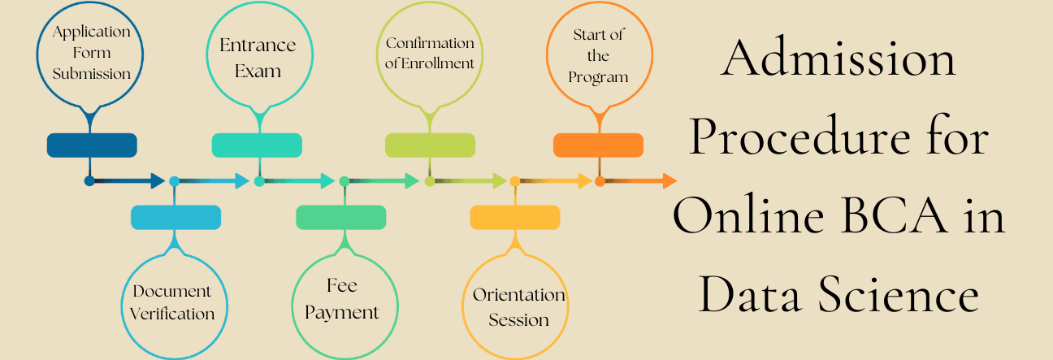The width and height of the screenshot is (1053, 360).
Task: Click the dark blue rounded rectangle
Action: point(92,145)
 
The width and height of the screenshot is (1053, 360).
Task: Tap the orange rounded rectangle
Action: point(598,145)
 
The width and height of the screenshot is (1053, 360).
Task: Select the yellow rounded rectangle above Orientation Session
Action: point(515,217)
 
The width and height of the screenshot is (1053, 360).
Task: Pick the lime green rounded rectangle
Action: point(430,145)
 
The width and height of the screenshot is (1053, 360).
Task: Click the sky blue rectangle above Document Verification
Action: point(175,217)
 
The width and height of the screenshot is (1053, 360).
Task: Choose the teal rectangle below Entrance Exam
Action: point(257,145)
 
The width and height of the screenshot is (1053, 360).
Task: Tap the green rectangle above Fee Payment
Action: point(340,217)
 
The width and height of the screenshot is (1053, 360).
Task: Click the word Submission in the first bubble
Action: point(92,74)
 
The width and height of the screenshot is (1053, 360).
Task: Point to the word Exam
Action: point(258,71)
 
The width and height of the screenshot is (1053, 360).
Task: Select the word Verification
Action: point(172,314)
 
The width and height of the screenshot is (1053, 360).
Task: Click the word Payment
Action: point(342,313)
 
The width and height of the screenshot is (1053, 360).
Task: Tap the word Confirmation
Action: point(430,43)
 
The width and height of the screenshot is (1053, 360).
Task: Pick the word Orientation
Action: point(519,295)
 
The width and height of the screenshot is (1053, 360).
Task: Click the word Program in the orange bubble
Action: point(598,77)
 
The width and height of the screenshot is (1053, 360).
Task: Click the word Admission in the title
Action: point(838,59)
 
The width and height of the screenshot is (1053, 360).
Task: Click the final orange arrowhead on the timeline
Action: point(669,181)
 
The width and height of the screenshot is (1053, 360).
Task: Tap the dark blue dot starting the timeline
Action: point(89,181)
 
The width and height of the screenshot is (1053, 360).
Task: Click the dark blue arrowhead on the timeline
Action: point(158,181)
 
